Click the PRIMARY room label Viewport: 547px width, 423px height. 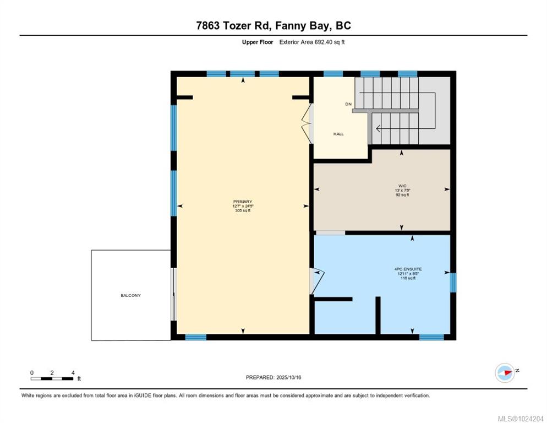[243, 202]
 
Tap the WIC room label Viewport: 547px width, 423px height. [402, 186]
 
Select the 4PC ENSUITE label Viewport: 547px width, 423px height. [408, 269]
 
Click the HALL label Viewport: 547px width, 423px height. [338, 134]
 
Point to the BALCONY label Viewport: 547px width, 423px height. [131, 296]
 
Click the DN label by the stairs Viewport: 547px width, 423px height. [348, 104]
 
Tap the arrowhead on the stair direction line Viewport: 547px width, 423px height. [378, 128]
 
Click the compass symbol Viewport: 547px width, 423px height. [505, 373]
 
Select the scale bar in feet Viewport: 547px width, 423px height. [52, 378]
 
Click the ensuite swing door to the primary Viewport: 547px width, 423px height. [317, 281]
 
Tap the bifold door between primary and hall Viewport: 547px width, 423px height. [307, 123]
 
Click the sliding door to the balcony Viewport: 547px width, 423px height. [173, 294]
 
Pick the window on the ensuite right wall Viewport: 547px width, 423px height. [453, 283]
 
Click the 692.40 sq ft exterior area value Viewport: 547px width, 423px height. [329, 42]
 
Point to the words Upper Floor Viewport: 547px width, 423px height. [258, 42]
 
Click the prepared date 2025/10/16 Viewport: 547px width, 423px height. [289, 378]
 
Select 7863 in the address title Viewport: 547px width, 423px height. [208, 25]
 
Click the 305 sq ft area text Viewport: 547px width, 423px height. [243, 210]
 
